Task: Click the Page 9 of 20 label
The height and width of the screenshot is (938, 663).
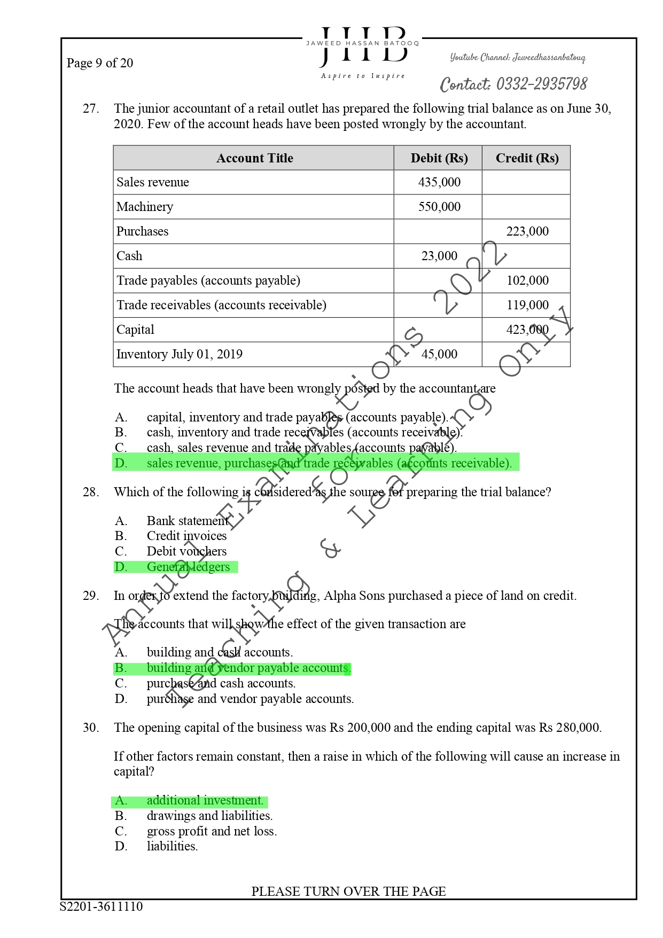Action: point(100,63)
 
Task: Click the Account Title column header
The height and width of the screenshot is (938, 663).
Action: point(254,158)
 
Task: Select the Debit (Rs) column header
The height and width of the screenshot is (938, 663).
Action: point(439,158)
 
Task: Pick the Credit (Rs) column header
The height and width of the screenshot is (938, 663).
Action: point(527,158)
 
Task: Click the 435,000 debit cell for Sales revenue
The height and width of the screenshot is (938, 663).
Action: point(439,182)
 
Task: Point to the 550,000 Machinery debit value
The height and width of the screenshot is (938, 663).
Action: point(439,207)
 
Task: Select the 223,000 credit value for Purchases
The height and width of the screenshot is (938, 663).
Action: point(527,231)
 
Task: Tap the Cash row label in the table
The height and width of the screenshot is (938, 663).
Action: point(130,256)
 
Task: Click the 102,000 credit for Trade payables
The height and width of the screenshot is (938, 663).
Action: point(527,280)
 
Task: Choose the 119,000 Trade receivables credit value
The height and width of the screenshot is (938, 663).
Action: point(527,305)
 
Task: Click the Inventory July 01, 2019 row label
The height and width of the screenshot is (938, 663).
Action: point(180,354)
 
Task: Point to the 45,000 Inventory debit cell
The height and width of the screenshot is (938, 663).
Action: point(439,354)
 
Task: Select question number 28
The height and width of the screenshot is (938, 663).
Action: point(91,492)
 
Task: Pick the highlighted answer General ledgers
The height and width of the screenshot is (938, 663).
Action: point(188,567)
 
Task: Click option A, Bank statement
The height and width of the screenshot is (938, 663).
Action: point(187,521)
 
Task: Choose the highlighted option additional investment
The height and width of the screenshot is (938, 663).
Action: point(205,800)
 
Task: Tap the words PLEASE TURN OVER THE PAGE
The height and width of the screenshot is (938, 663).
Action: point(348,891)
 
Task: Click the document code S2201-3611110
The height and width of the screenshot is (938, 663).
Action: point(102,906)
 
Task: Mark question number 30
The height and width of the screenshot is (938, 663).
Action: point(91,728)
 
